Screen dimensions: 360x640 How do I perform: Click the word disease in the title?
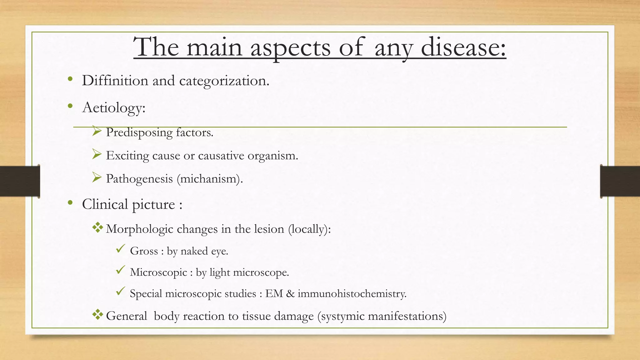pos(463,47)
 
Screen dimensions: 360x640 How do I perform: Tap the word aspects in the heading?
pos(290,47)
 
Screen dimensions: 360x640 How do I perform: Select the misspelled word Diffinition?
pos(115,81)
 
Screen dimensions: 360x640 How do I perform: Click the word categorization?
pos(224,81)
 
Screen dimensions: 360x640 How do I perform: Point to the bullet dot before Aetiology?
pos(70,106)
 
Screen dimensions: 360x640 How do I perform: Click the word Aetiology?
pos(114,108)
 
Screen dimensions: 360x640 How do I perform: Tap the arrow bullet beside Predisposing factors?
pos(97,131)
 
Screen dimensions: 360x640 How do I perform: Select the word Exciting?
pos(127,156)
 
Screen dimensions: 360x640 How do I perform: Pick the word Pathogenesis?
pos(139,179)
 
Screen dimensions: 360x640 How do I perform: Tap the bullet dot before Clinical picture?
pos(70,203)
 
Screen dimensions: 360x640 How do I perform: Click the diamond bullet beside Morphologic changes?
pos(97,227)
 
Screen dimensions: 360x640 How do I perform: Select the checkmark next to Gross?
pos(120,249)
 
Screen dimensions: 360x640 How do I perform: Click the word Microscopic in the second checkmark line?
pos(158,272)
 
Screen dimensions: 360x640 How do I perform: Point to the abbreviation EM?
pos(274,293)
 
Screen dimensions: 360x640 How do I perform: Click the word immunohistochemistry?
pos(352,293)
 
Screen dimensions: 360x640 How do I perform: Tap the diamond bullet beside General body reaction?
pos(97,314)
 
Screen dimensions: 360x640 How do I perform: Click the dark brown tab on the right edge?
pos(620,181)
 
